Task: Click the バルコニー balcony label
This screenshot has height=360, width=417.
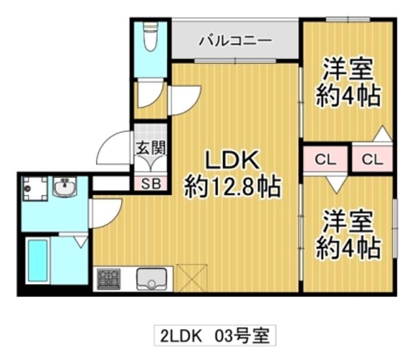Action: click(x=235, y=41)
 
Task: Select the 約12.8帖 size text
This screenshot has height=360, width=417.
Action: click(x=232, y=187)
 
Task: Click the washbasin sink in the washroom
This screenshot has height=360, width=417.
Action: click(x=65, y=187)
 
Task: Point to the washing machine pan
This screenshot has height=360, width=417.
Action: click(x=34, y=188)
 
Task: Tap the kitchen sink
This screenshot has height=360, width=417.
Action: click(x=151, y=279)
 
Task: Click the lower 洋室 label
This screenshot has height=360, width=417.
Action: click(x=348, y=223)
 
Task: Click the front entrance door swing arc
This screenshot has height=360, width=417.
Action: click(x=110, y=150)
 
